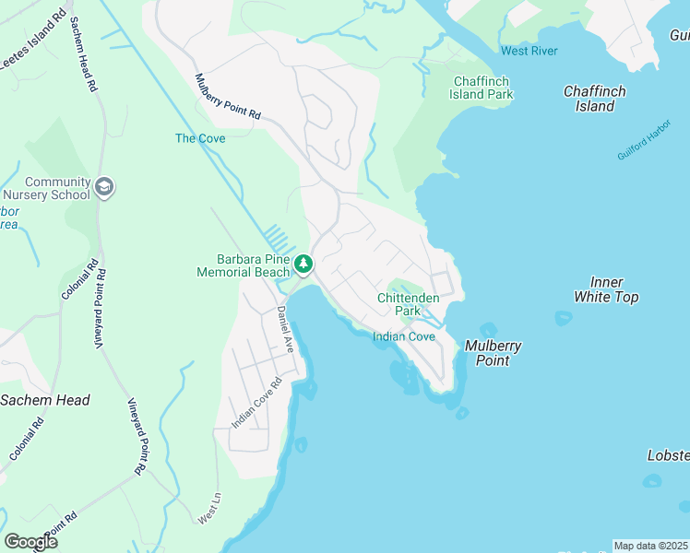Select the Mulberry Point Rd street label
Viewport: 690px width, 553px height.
tap(228, 97)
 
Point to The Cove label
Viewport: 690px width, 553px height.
tap(200, 138)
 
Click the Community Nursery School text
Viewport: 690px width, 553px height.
tap(57, 189)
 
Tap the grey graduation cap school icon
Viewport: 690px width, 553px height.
tap(104, 188)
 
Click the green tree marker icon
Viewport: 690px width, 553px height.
tap(303, 265)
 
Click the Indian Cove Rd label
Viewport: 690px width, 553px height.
tap(256, 403)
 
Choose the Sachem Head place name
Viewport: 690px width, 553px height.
tap(45, 400)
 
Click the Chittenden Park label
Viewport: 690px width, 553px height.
tap(408, 304)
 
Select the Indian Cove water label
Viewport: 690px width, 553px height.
tap(403, 337)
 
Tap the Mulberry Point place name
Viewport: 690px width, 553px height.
tap(493, 353)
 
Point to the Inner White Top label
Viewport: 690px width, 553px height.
tap(605, 289)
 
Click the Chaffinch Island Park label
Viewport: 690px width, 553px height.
tap(482, 88)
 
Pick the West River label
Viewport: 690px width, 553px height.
tap(529, 51)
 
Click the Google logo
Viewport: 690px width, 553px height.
tap(30, 541)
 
